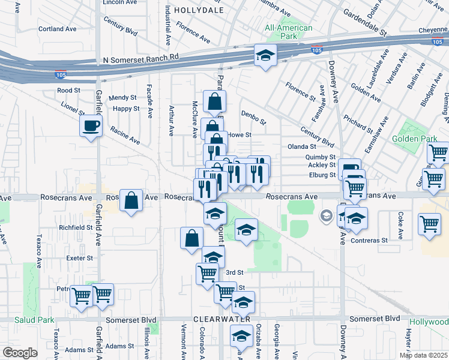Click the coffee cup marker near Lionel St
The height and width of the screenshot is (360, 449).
tap(91, 126)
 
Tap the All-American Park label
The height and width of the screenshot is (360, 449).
tap(289, 32)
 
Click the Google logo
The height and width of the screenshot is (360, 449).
tap(20, 353)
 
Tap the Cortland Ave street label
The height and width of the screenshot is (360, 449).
tap(58, 29)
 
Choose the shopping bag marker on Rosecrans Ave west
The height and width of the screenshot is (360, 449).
tap(131, 200)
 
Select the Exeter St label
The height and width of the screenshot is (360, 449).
tap(80, 258)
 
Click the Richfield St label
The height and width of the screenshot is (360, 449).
tap(76, 228)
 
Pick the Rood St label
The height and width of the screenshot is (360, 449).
tap(68, 91)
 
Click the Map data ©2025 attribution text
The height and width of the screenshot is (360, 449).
tap(423, 355)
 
